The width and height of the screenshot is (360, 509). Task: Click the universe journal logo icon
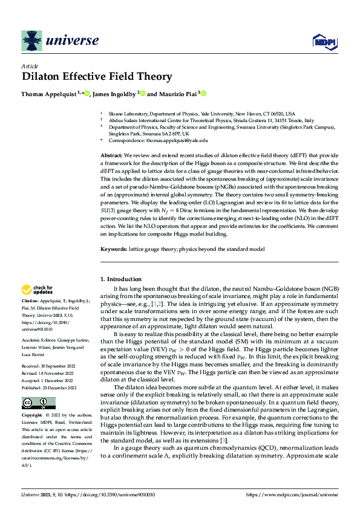point(31,41)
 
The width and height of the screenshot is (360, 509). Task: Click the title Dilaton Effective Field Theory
point(97,77)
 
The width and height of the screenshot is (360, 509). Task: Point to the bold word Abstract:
point(112,155)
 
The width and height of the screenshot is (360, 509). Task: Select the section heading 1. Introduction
point(120,279)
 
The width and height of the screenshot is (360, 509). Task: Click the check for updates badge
point(37,290)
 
